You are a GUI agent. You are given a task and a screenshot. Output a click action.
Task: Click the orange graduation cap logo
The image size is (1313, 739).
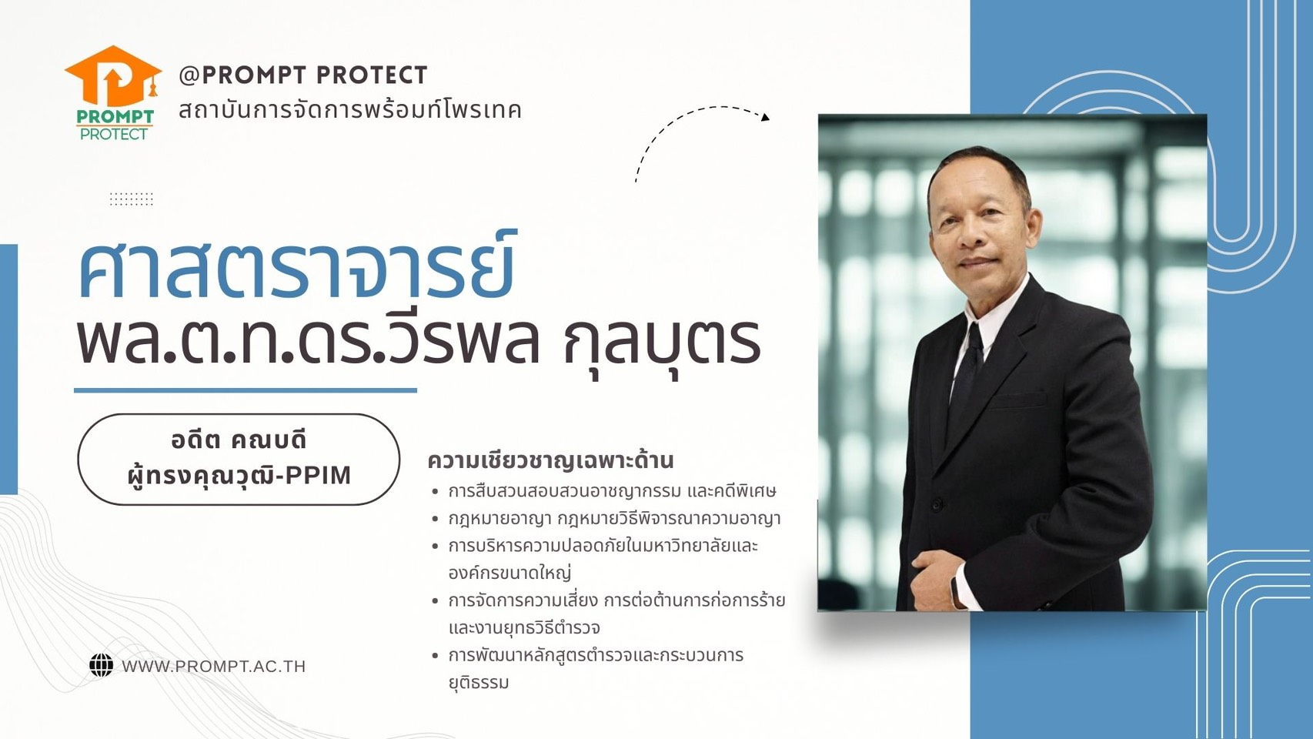(113, 76)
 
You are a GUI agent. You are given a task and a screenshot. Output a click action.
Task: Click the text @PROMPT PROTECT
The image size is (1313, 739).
(303, 75)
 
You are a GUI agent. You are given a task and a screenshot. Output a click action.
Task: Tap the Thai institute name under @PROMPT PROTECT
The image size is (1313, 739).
(350, 110)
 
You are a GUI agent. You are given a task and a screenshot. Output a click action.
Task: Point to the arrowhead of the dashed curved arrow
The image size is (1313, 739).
(765, 117)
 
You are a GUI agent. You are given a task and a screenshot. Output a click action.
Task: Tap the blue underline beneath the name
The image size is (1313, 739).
(245, 390)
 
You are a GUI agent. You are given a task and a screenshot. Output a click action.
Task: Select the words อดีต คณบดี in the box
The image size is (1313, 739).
(239, 440)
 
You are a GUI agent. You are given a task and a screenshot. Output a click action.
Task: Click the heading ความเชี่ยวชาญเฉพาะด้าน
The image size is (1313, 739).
(550, 460)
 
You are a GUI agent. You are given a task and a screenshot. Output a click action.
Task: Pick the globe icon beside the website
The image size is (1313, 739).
(102, 666)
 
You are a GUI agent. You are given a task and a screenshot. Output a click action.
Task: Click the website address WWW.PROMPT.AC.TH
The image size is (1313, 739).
(213, 667)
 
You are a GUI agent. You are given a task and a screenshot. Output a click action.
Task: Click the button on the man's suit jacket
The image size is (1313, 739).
(936, 504)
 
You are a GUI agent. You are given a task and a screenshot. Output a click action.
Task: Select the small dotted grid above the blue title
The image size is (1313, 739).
(132, 199)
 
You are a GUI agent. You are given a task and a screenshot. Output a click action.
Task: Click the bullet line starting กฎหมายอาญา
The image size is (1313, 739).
(614, 520)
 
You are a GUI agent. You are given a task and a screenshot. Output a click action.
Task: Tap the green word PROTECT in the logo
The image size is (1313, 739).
(114, 134)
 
